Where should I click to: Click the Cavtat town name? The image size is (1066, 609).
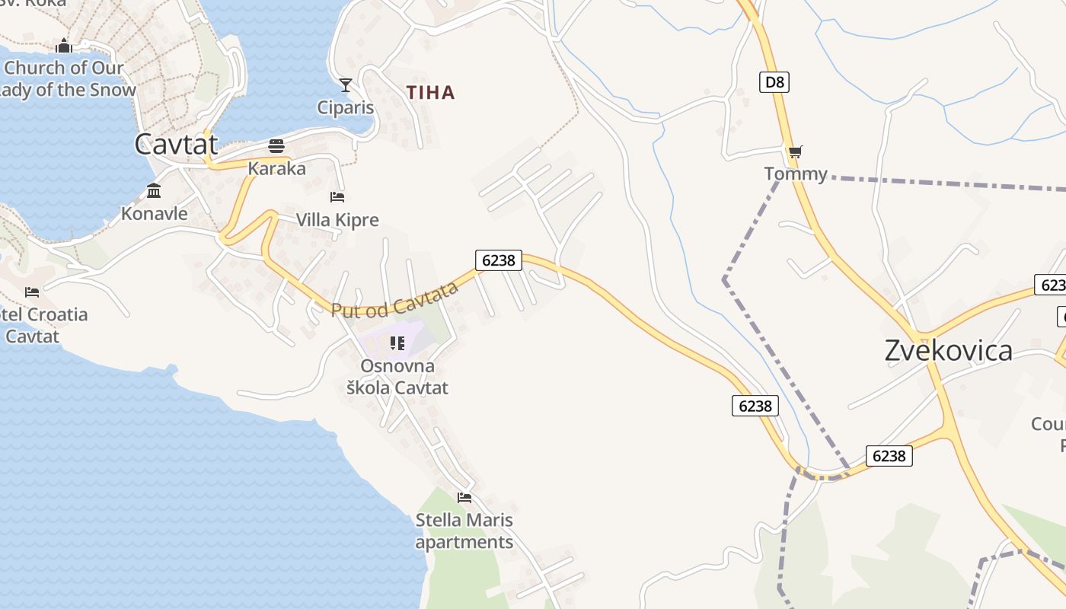pyautogui.click(x=176, y=144)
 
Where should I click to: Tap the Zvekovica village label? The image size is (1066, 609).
pyautogui.click(x=948, y=350)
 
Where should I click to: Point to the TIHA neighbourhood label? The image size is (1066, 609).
pyautogui.click(x=430, y=93)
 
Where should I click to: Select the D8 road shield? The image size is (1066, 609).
pyautogui.click(x=774, y=81)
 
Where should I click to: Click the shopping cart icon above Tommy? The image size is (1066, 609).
pyautogui.click(x=795, y=152)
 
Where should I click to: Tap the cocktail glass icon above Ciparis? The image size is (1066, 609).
pyautogui.click(x=346, y=84)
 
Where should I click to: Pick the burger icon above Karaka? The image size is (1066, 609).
pyautogui.click(x=276, y=145)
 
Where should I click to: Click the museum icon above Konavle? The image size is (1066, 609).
pyautogui.click(x=154, y=190)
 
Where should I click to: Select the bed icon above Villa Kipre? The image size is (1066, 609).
pyautogui.click(x=337, y=197)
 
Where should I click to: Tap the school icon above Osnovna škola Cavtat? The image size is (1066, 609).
pyautogui.click(x=397, y=343)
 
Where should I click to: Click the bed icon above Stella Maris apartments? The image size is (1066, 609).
pyautogui.click(x=464, y=498)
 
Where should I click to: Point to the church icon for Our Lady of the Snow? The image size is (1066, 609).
pyautogui.click(x=63, y=46)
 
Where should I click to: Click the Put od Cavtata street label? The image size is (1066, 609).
pyautogui.click(x=394, y=299)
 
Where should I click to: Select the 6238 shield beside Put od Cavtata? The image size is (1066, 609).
pyautogui.click(x=499, y=260)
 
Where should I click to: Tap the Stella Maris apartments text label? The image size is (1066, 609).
pyautogui.click(x=464, y=531)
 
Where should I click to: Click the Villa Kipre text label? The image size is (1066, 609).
pyautogui.click(x=337, y=221)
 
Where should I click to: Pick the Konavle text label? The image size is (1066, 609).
pyautogui.click(x=154, y=214)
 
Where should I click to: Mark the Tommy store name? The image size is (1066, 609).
pyautogui.click(x=795, y=174)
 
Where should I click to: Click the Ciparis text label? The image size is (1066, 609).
pyautogui.click(x=346, y=107)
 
